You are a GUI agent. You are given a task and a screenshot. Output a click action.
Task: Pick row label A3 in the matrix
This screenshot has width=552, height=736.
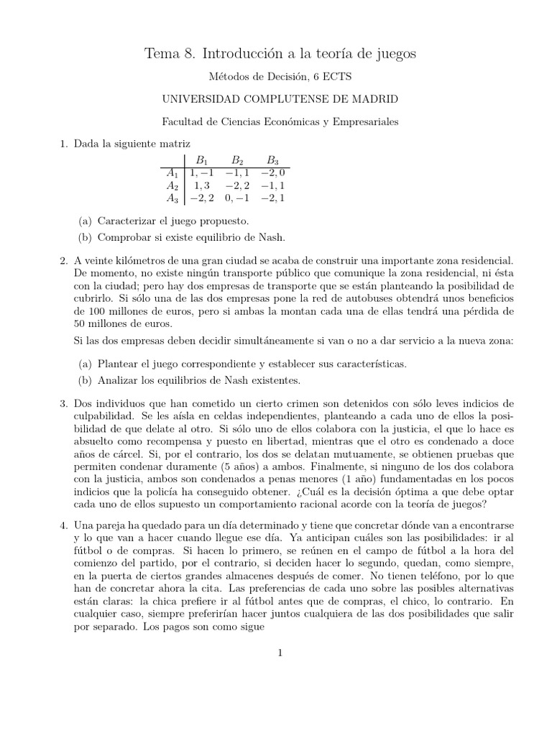pyautogui.click(x=172, y=198)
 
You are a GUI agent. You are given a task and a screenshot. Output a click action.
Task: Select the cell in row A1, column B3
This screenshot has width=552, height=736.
pyautogui.click(x=274, y=173)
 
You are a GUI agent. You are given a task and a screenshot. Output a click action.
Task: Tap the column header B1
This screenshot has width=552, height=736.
pyautogui.click(x=202, y=160)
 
